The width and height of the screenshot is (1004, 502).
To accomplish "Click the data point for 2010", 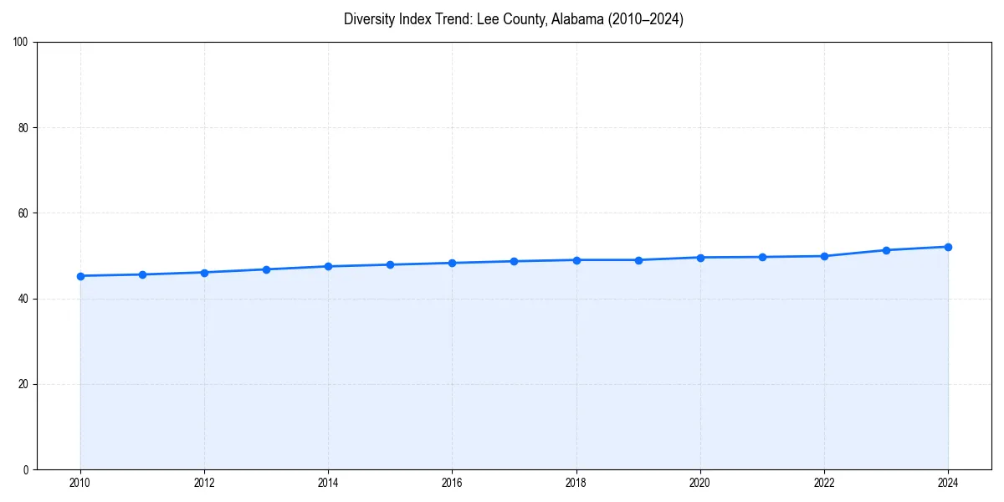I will click(x=80, y=276).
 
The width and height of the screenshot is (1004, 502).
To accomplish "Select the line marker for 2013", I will click(x=266, y=269).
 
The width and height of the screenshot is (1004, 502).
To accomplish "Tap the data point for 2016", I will click(x=452, y=263).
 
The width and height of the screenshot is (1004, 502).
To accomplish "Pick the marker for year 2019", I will click(x=638, y=260).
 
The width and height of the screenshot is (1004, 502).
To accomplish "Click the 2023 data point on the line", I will click(x=886, y=250).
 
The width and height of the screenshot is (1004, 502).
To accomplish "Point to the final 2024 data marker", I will click(x=948, y=247).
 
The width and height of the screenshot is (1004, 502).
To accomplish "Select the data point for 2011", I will click(x=142, y=274).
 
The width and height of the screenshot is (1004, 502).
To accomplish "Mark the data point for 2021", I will click(x=762, y=257).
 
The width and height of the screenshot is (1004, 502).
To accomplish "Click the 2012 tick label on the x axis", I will click(x=204, y=483).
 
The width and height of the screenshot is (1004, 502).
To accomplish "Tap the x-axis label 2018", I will click(x=576, y=483).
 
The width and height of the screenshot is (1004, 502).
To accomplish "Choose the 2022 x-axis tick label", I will click(x=824, y=483).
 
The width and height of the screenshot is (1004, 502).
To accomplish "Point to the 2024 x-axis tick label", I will click(x=948, y=483).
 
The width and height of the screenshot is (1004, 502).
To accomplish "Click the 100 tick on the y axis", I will click(x=21, y=43).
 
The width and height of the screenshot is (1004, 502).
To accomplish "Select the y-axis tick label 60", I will click(x=23, y=213).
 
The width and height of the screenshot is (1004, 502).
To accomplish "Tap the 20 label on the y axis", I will click(x=23, y=384).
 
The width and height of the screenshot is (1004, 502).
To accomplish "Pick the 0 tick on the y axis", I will click(x=26, y=469).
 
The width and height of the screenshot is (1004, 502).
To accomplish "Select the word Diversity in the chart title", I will click(x=368, y=19).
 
